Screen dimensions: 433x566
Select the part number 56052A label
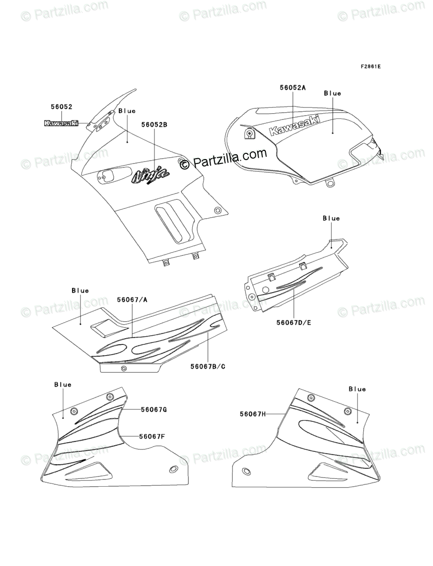tap(293, 88)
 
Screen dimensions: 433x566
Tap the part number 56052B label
tap(155, 124)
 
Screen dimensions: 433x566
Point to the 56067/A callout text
tap(132, 299)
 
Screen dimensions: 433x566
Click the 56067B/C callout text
tap(208, 366)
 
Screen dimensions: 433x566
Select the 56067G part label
tap(154, 409)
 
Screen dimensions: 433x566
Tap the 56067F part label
tap(152, 436)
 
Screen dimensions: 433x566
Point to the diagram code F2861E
tap(370, 66)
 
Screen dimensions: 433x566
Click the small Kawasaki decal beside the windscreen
tap(62, 123)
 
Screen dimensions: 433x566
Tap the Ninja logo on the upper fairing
tap(150, 176)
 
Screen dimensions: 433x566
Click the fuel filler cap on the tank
tap(248, 134)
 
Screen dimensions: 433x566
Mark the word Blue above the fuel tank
tap(332, 93)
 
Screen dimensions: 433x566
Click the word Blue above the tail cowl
tap(331, 218)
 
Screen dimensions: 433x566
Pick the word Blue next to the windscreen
tap(127, 111)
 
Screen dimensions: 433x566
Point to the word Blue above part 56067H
tap(357, 389)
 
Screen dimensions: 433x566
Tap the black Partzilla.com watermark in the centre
tap(223, 159)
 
